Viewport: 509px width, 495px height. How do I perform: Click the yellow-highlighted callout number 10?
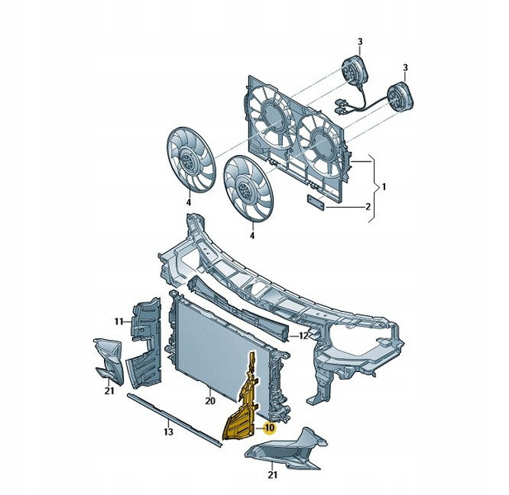coord(270,428)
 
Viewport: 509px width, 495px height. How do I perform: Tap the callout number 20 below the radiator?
coord(210,401)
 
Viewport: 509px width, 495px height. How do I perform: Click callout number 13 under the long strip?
coord(168,432)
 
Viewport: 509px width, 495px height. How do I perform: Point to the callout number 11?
coord(119,322)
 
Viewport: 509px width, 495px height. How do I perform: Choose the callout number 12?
coord(303,336)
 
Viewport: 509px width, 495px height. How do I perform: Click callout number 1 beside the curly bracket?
coord(384,187)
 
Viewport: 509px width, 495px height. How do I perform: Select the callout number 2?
coord(368,207)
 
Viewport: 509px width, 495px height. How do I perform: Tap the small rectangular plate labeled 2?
coord(316,202)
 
